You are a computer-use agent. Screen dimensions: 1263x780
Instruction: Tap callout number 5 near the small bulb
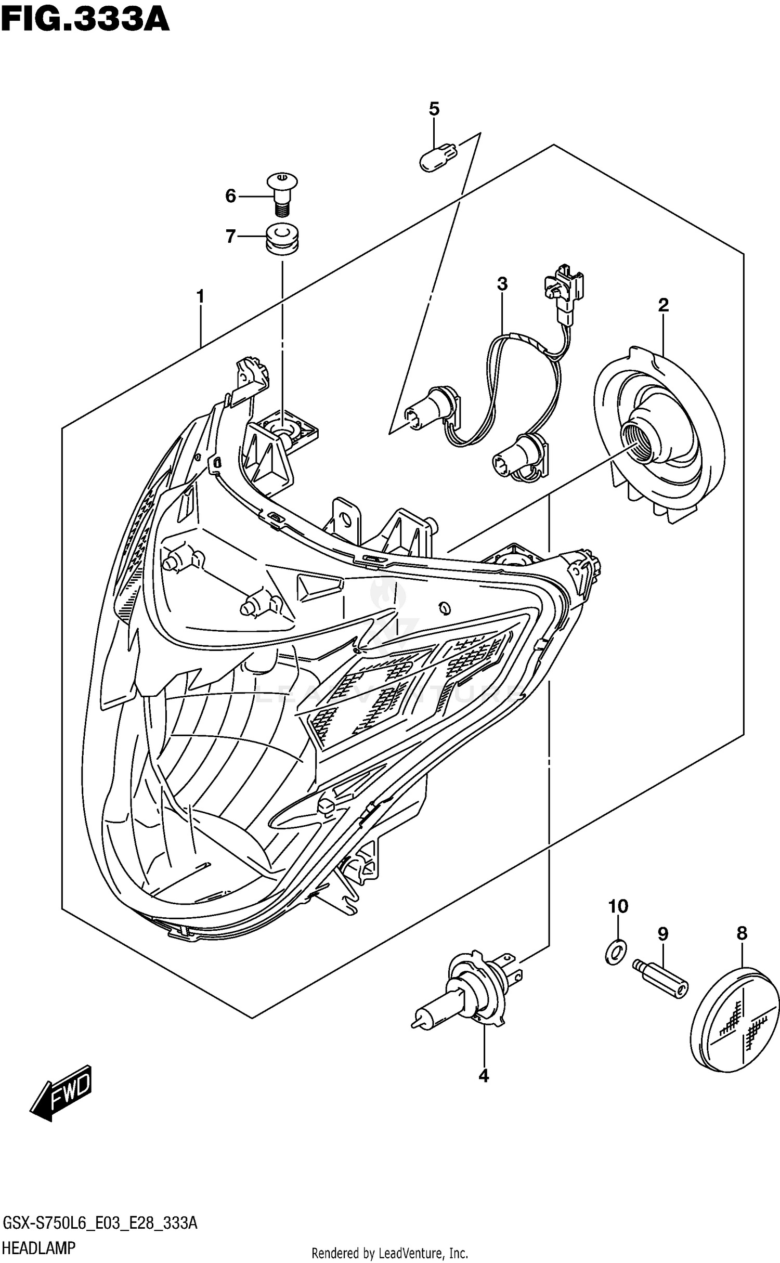pyautogui.click(x=434, y=109)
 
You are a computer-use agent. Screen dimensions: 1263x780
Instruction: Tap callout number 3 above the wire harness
pyautogui.click(x=502, y=284)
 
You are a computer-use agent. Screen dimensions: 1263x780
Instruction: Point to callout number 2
pyautogui.click(x=663, y=305)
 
